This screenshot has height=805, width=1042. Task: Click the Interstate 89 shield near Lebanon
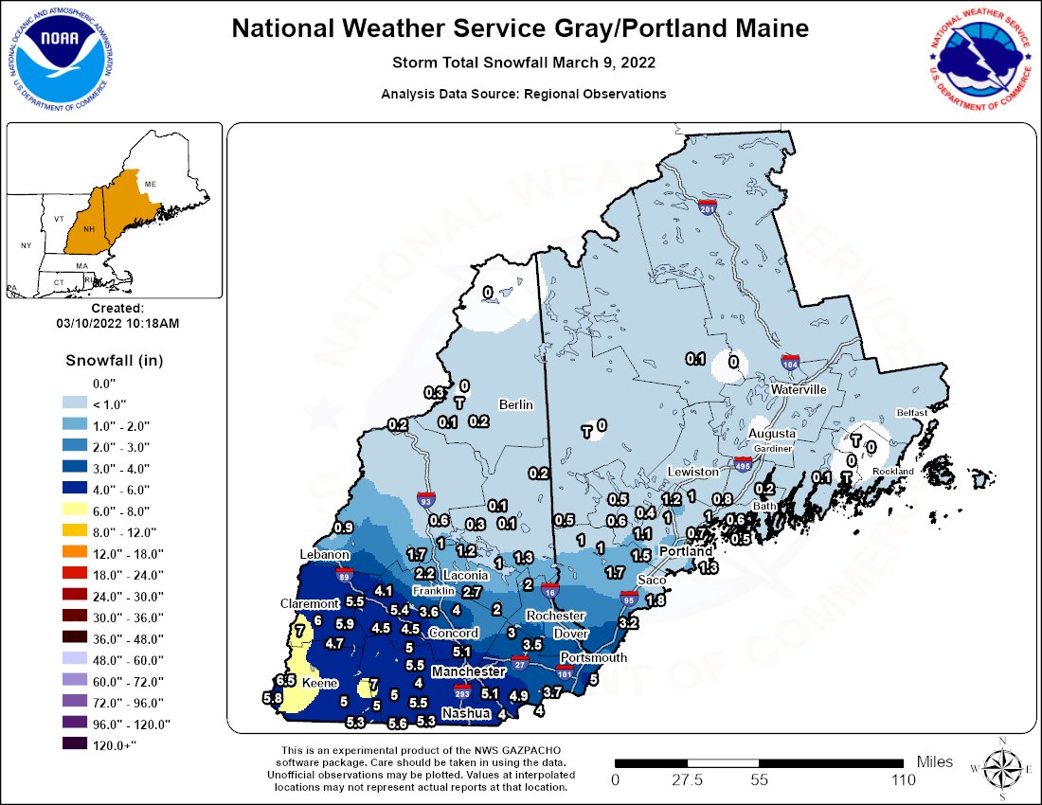[x=346, y=573]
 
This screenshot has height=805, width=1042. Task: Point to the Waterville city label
[x=799, y=390]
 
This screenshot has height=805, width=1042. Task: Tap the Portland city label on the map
[x=686, y=551]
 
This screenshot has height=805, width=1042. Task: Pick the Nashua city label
[x=466, y=713]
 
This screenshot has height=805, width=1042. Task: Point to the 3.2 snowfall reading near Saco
[x=628, y=623]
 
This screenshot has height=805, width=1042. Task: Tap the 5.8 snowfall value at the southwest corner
[x=273, y=699]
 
